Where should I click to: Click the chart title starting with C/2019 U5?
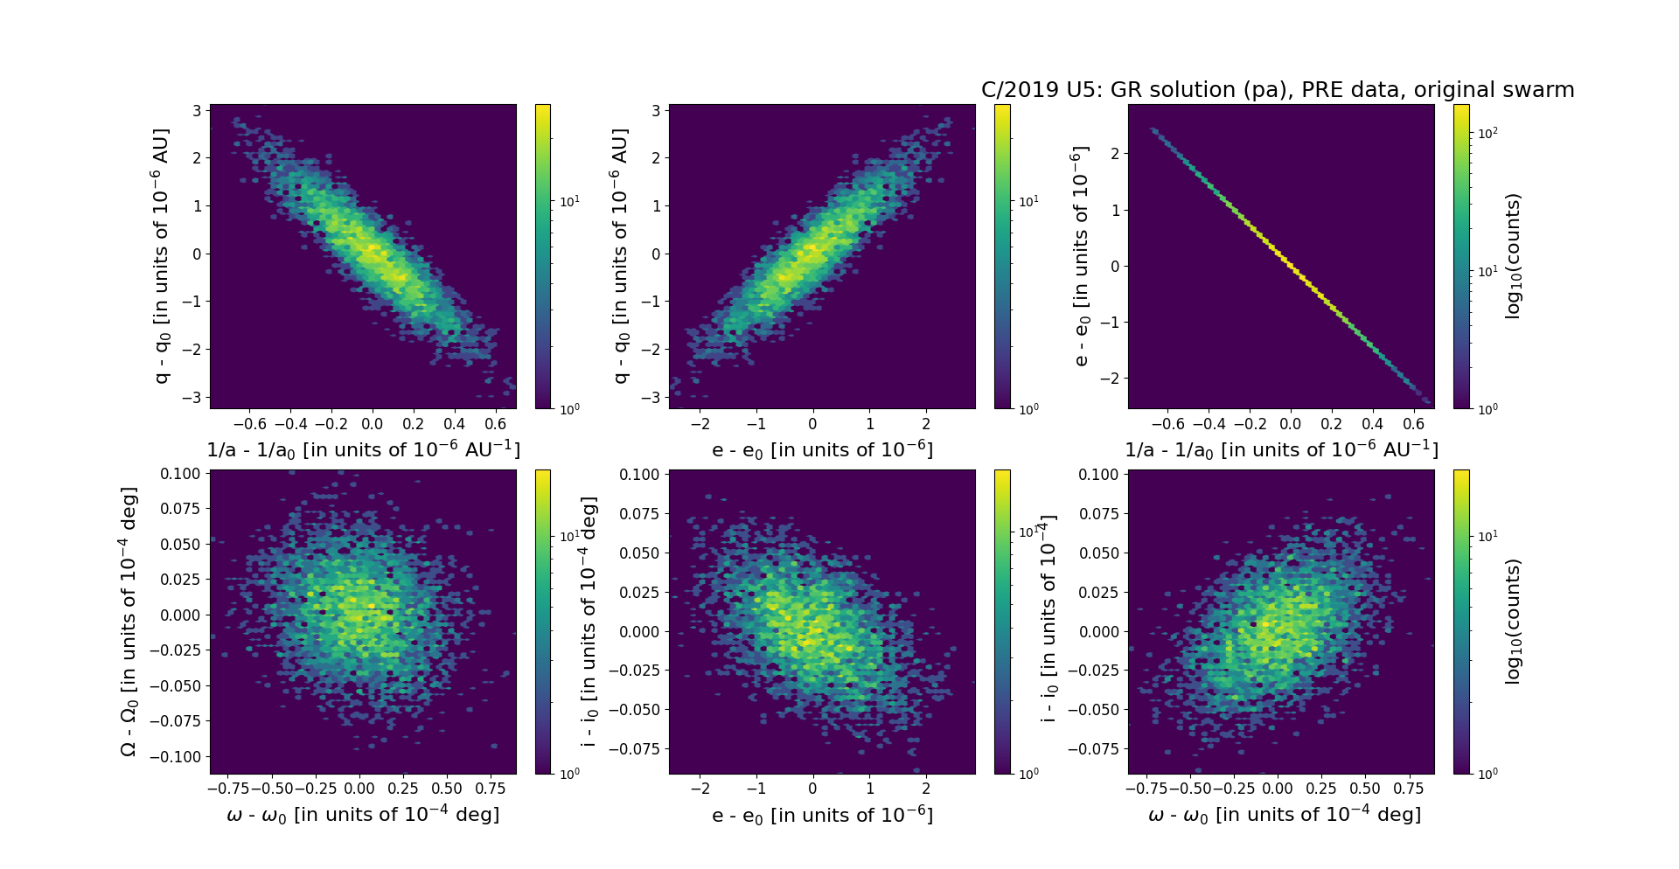[1278, 90]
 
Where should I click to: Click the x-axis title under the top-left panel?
[363, 450]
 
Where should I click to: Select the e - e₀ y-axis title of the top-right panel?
[1081, 256]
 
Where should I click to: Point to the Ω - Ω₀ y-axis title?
[129, 622]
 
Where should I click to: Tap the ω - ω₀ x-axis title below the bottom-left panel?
[363, 815]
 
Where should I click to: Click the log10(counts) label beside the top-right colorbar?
[1513, 256]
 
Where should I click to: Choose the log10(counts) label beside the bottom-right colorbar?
[1513, 622]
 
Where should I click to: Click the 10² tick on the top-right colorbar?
[1487, 133]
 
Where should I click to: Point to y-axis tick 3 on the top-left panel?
[197, 111]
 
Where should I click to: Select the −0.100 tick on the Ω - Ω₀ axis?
[180, 757]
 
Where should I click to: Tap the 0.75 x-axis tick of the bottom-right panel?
[1408, 789]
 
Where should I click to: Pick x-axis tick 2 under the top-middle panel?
[926, 424]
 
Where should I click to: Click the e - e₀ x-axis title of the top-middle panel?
[822, 450]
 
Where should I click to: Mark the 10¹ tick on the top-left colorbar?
[568, 202]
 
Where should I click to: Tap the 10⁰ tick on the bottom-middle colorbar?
[1028, 774]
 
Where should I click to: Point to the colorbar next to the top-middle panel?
[1002, 256]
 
